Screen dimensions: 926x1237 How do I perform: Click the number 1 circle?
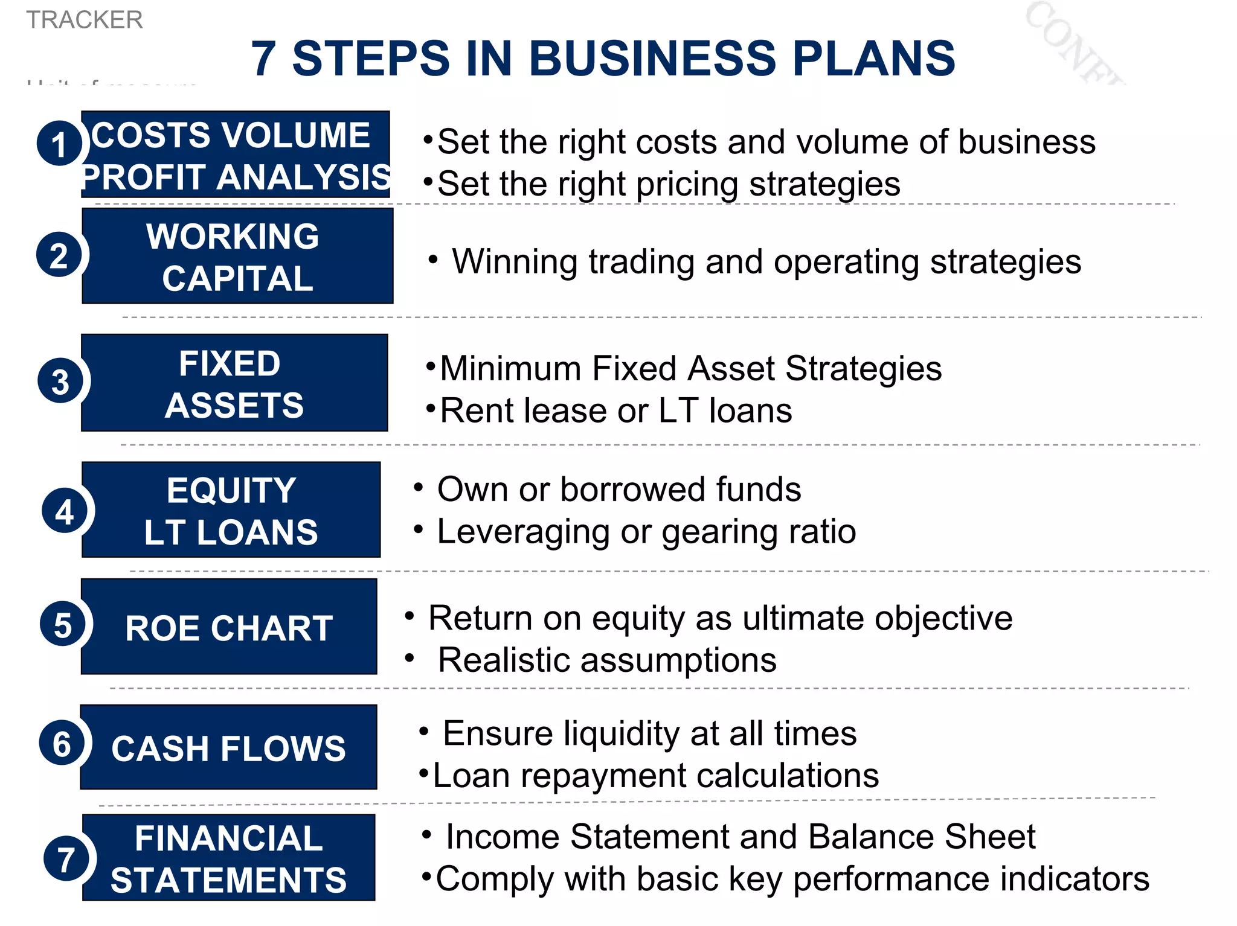(x=59, y=144)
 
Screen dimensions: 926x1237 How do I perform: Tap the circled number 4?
(x=65, y=512)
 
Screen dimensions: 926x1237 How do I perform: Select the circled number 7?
(x=66, y=858)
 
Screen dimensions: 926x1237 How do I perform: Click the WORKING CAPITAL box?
(x=237, y=257)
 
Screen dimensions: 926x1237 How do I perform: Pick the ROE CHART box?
(x=229, y=627)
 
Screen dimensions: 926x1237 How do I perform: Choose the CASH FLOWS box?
(x=228, y=748)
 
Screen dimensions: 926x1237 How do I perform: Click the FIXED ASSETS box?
(x=234, y=383)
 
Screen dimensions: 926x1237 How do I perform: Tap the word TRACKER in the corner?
(x=85, y=20)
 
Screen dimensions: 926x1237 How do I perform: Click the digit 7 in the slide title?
(x=263, y=59)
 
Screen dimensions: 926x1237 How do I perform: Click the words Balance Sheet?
(x=921, y=837)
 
